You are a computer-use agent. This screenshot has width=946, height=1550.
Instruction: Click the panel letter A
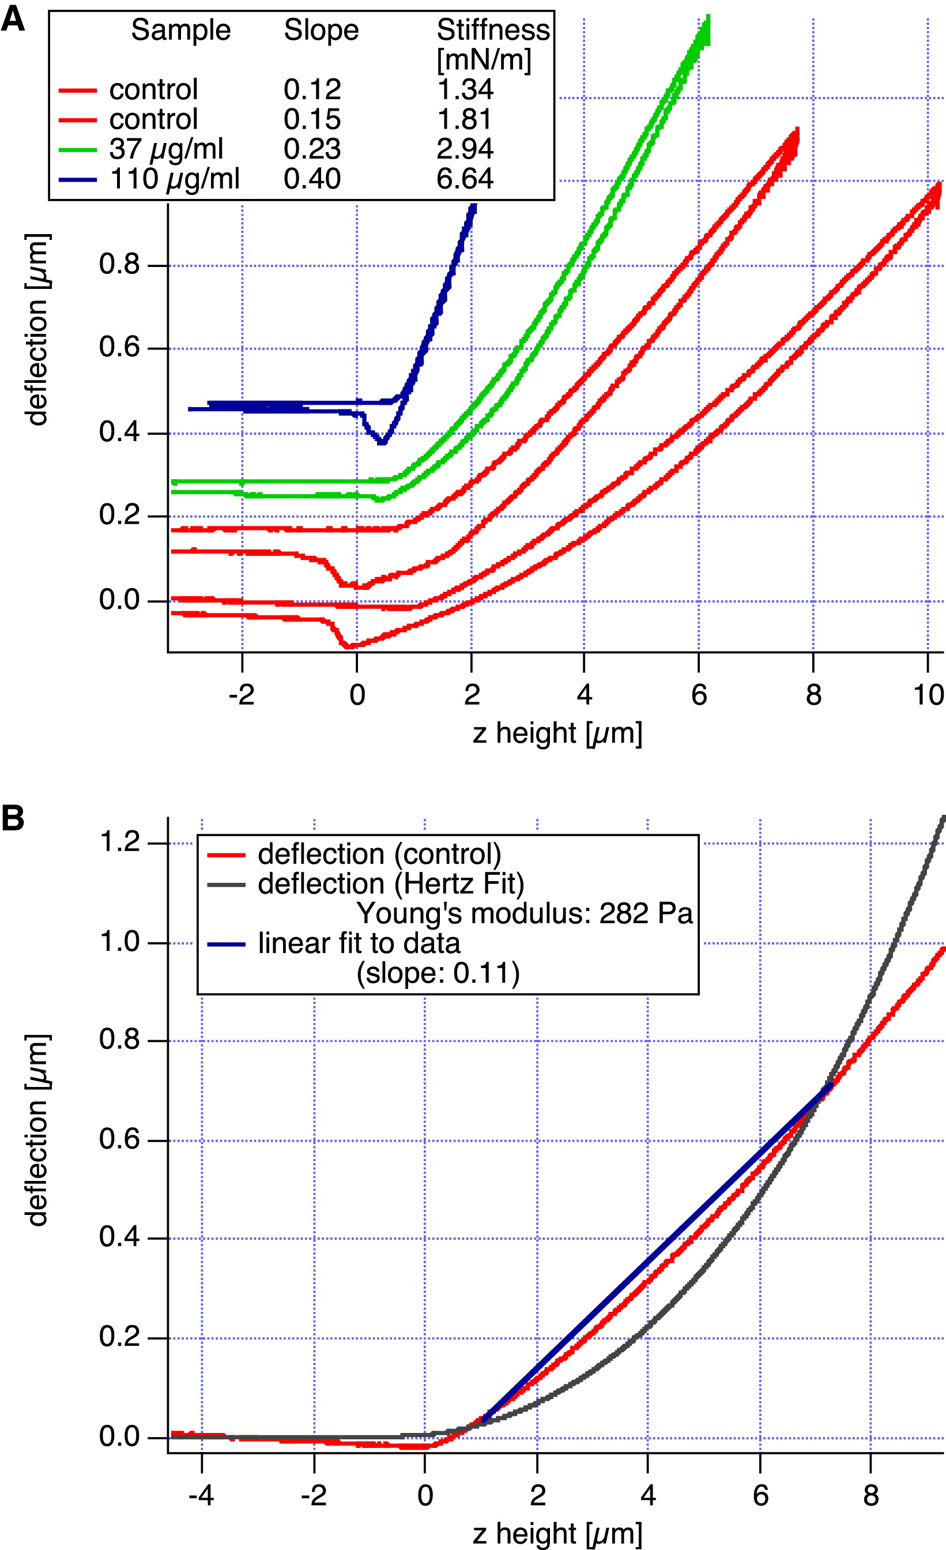[x=13, y=19]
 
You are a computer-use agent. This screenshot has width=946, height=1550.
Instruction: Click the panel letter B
[x=13, y=818]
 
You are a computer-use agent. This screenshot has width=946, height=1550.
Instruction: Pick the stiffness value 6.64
[x=465, y=179]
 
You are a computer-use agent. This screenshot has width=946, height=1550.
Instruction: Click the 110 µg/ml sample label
[x=174, y=179]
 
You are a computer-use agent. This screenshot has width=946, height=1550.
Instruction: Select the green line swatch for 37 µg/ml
[x=78, y=150]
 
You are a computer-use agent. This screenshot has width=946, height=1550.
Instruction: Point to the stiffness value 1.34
[x=465, y=89]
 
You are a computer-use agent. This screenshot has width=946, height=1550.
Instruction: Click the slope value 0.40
[x=312, y=179]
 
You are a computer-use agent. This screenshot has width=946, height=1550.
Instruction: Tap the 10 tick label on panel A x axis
[x=928, y=695]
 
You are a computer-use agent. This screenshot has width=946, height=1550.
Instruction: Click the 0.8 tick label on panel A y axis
[x=119, y=264]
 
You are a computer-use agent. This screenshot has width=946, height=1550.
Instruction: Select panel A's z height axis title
[x=557, y=733]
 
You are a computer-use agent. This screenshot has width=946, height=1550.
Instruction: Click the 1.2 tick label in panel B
[x=119, y=842]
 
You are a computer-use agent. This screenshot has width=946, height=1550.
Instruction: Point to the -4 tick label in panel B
[x=201, y=1495]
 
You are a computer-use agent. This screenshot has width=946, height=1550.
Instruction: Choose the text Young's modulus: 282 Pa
[x=525, y=913]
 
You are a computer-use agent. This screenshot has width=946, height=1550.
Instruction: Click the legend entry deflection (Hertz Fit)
[x=391, y=884]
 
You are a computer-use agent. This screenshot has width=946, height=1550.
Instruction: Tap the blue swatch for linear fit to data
[x=226, y=943]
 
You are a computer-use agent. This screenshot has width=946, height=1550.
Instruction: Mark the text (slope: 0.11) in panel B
[x=438, y=973]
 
